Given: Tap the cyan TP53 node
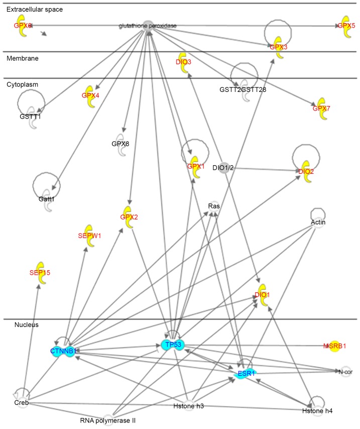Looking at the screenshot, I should tap(173, 345).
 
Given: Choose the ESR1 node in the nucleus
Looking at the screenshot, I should tap(243, 373).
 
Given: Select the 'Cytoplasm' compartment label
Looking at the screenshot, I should tap(23, 84).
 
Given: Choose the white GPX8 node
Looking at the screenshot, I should tap(121, 144).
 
